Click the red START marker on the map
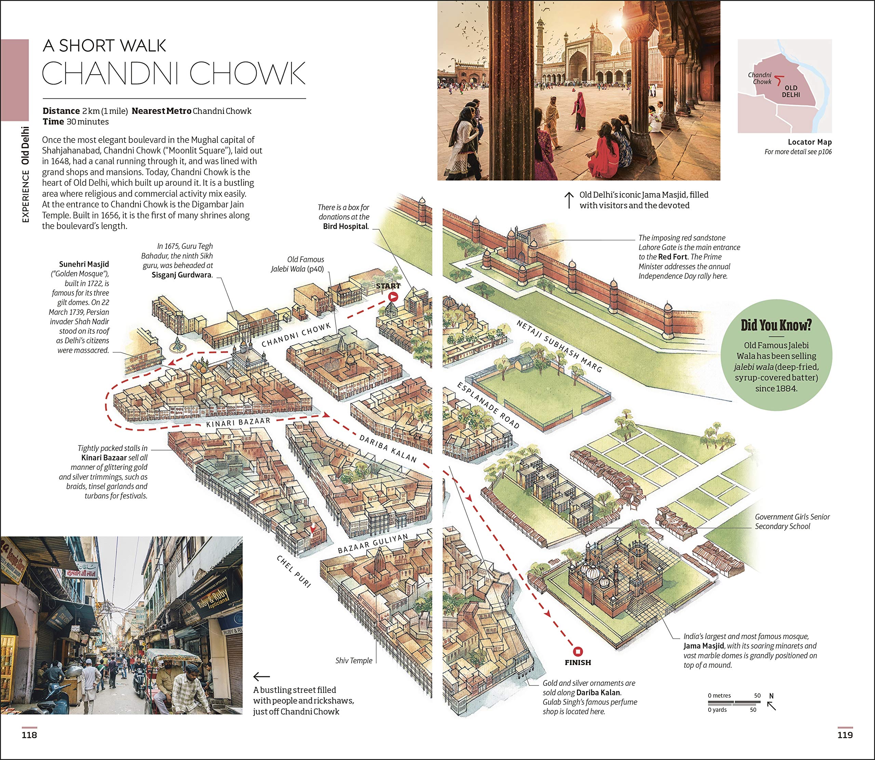coord(393,297)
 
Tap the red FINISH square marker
coord(578,651)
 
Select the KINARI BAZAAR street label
coord(238,422)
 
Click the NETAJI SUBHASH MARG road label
coord(559,346)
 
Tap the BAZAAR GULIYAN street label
coord(373,543)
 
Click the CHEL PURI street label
coord(294,571)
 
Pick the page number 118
coord(29,735)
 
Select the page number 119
coord(845,735)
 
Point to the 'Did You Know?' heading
coord(776,325)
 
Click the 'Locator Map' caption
coord(810,142)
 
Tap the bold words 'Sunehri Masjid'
coord(84,264)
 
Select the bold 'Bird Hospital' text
coord(345,226)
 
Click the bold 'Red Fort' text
coord(673,257)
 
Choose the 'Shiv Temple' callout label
coord(353,660)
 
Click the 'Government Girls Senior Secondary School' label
coord(792,521)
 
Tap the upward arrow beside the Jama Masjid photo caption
coord(568,200)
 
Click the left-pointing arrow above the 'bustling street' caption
coord(261,677)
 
